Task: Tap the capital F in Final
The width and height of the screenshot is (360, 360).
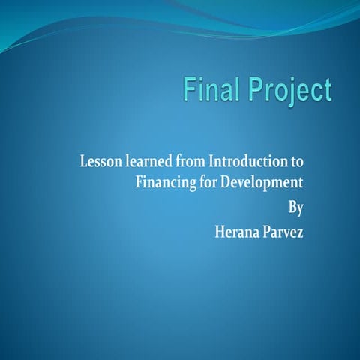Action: [x=193, y=90]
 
